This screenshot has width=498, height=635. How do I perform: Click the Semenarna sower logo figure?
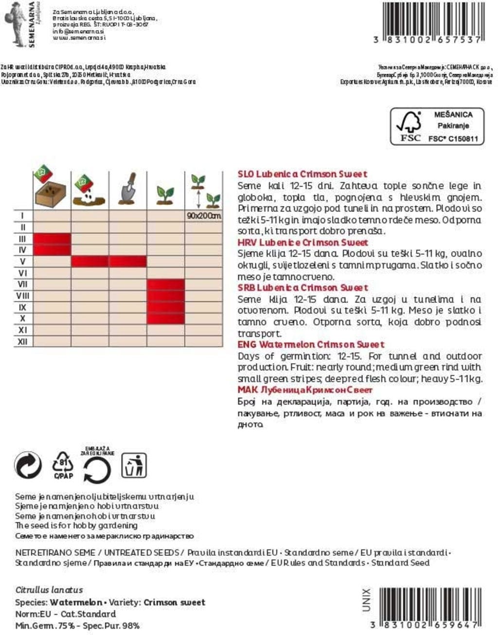[16, 23]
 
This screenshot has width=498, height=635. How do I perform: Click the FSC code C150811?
[453, 139]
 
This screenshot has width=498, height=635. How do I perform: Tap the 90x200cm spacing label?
[204, 215]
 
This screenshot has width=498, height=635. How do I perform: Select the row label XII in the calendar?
[22, 341]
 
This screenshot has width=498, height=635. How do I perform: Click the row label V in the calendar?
[22, 262]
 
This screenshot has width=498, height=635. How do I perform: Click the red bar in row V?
[108, 262]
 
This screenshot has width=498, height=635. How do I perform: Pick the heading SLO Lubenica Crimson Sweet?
[302, 174]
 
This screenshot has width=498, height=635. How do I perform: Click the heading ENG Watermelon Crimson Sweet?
[311, 344]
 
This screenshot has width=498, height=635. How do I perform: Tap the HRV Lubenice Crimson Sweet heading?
[302, 242]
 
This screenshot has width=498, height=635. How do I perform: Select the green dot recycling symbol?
[28, 466]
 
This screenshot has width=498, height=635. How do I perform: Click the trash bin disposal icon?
[133, 465]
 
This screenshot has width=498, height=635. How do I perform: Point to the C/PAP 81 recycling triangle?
[63, 466]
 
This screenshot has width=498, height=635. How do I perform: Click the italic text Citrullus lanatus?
[49, 590]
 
